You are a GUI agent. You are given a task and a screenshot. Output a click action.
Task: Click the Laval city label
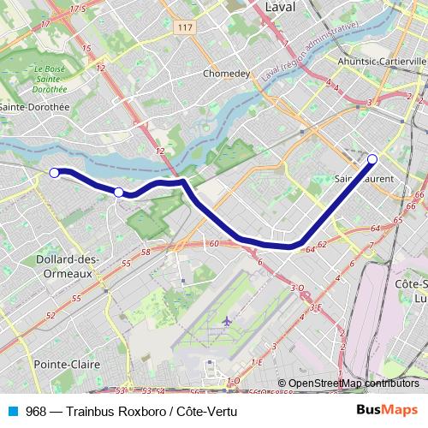click(x=280, y=7)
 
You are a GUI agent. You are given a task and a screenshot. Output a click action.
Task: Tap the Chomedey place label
click(x=226, y=74)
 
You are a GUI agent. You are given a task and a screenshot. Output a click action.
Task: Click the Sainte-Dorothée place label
click(x=34, y=107)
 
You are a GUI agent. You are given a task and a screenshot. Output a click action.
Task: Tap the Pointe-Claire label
click(x=67, y=364)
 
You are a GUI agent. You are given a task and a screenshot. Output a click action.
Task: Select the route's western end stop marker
click(x=54, y=173)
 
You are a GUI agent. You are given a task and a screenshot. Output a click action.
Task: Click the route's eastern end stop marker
click(x=372, y=158)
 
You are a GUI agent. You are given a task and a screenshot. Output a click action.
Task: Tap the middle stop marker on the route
click(x=118, y=193)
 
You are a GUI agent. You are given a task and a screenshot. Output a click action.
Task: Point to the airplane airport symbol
click(x=226, y=320)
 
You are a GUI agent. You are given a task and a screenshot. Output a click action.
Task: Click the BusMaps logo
click(x=388, y=410)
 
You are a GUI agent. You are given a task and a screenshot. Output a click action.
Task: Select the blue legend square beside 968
click(x=12, y=411)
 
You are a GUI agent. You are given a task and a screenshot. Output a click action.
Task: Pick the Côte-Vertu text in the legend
click(x=206, y=411)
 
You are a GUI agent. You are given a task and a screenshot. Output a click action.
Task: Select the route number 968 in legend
click(x=36, y=411)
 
